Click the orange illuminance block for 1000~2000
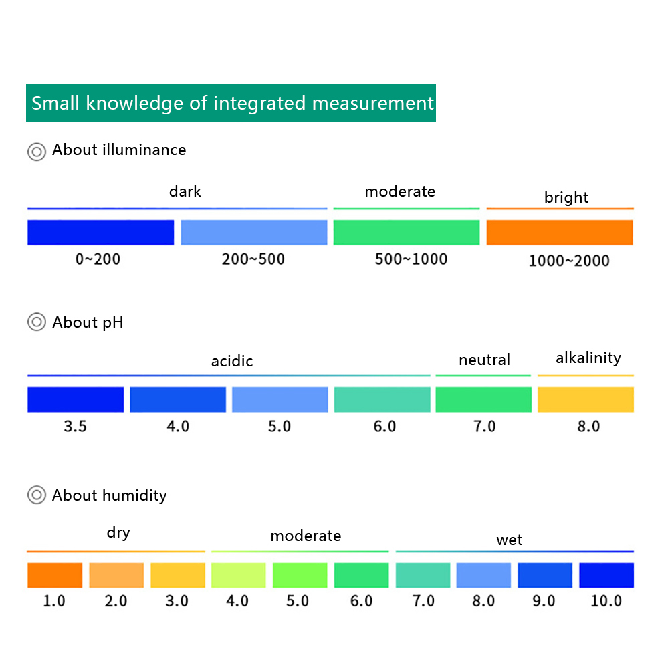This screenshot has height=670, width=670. click(560, 233)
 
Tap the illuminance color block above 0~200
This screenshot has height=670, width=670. click(100, 233)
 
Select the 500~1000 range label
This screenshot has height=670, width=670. click(411, 259)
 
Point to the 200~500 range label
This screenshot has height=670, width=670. click(253, 259)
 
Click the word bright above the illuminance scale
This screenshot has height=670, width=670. click(566, 197)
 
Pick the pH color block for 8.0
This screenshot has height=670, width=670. click(586, 399)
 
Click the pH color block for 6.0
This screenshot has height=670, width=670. click(382, 399)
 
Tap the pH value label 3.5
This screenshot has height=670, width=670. click(75, 427)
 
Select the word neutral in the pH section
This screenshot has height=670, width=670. click(484, 360)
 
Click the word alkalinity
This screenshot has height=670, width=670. click(588, 358)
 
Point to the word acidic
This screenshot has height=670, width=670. click(232, 362)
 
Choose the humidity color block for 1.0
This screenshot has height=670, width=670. click(55, 576)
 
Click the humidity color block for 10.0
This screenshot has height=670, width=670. click(606, 576)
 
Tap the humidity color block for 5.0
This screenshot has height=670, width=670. click(300, 576)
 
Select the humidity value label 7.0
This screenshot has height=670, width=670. click(423, 601)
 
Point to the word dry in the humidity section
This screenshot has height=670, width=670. click(118, 533)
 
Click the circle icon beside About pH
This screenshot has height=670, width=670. click(36, 322)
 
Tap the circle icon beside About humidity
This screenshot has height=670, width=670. click(36, 495)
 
